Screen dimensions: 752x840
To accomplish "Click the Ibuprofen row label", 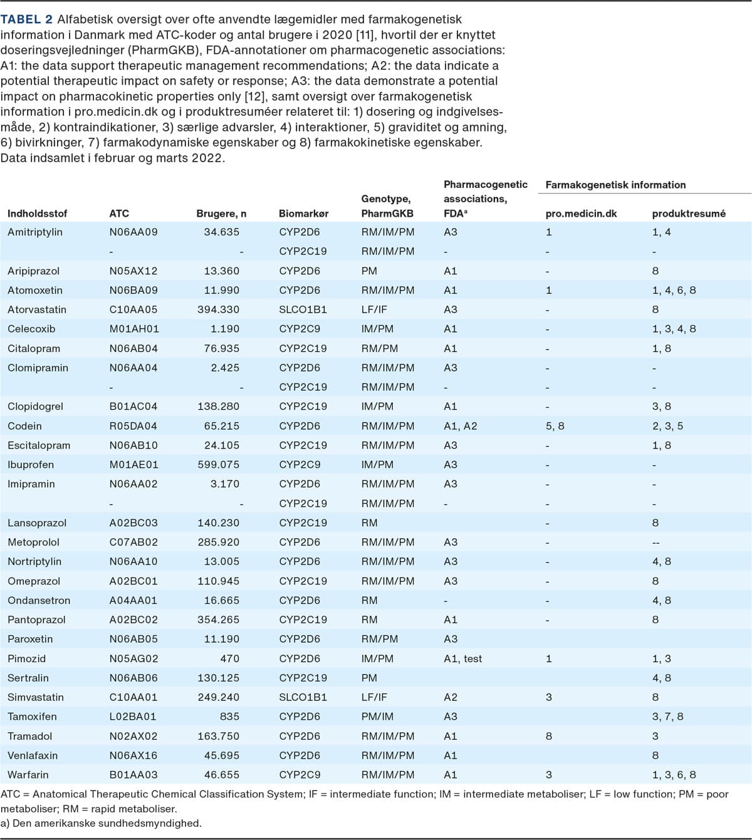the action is [x=31, y=464].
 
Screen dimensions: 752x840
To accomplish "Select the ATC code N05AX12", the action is [x=133, y=271].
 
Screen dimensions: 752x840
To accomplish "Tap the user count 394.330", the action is [x=218, y=309].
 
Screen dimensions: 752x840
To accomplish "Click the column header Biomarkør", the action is [x=304, y=214].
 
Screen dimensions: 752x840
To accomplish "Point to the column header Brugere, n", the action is [x=221, y=214].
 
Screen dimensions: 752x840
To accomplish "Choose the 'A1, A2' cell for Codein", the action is [x=461, y=426].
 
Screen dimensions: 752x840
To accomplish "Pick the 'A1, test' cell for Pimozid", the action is [x=463, y=658].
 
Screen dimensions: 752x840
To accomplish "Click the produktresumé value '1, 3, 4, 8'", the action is [x=674, y=329].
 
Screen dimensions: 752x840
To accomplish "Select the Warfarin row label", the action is [x=28, y=774].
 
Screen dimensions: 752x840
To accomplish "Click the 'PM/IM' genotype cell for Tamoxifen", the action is [x=377, y=717].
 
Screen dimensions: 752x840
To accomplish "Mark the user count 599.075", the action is [x=218, y=464].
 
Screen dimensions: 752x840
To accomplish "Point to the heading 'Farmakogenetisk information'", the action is [x=615, y=185].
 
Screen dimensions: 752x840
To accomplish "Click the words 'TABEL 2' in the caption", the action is [x=26, y=19].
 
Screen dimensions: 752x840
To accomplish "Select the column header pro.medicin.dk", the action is [x=581, y=214].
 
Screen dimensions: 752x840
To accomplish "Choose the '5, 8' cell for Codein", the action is [x=555, y=426].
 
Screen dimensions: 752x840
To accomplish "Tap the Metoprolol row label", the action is [x=33, y=542].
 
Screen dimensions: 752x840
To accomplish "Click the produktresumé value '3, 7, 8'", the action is [x=668, y=717].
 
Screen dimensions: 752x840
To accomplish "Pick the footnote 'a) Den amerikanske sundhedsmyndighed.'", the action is [x=101, y=823].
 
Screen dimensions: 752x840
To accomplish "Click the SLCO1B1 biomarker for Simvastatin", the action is [x=303, y=697].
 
